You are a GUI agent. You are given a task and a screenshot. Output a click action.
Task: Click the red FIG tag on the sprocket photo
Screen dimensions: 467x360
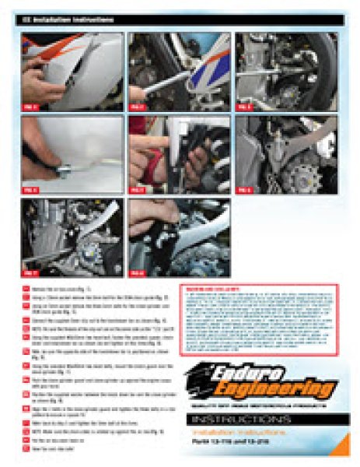click(246, 188)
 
